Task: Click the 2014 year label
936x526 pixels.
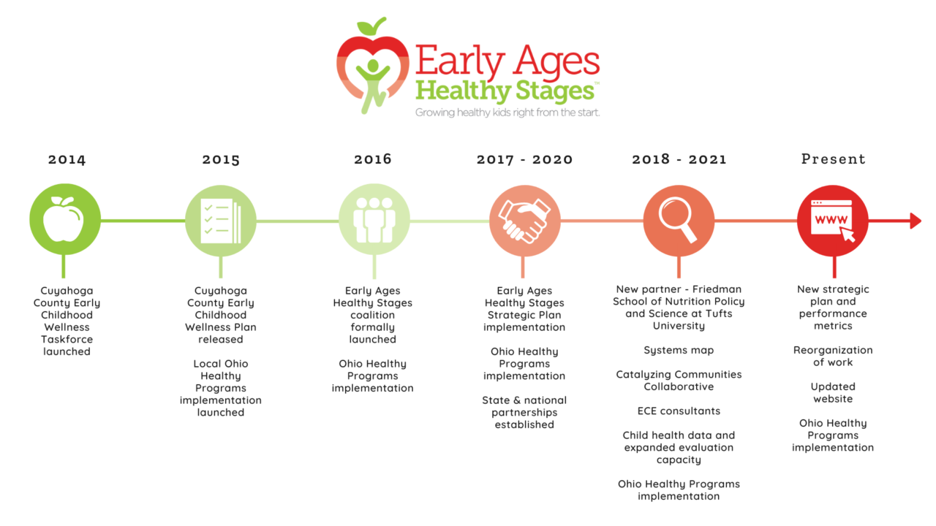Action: click(67, 159)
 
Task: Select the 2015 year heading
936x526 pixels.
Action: click(221, 159)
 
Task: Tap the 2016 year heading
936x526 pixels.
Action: click(373, 159)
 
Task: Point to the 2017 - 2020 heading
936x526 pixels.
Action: click(524, 159)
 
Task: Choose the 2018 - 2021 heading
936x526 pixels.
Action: click(679, 159)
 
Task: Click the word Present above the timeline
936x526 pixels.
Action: click(833, 159)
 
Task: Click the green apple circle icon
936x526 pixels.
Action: click(65, 220)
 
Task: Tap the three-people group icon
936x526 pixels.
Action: click(374, 220)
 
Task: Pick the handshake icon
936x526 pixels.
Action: click(524, 220)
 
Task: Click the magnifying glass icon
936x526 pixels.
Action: click(679, 220)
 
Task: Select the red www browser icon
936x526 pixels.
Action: click(833, 220)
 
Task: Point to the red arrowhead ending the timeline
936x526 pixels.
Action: click(915, 221)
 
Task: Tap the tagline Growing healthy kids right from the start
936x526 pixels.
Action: click(507, 113)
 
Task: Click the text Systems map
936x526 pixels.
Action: click(679, 351)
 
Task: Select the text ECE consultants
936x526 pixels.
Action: click(679, 411)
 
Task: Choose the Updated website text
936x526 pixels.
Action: click(833, 393)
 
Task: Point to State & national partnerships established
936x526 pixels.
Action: click(524, 412)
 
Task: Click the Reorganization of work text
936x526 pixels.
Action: click(833, 357)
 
